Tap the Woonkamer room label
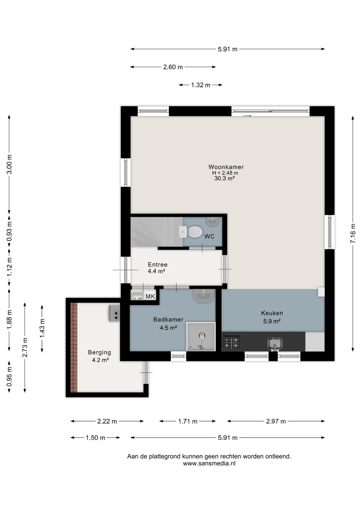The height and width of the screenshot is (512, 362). click(x=226, y=167)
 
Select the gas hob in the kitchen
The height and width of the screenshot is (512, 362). click(x=231, y=342)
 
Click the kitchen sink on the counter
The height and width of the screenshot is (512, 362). click(x=275, y=343)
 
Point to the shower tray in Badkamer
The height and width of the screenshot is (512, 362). click(x=201, y=337)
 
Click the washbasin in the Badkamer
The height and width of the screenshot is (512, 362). click(x=203, y=295)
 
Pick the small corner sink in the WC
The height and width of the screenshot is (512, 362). click(x=213, y=221)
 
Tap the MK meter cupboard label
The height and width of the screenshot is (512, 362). click(x=150, y=297)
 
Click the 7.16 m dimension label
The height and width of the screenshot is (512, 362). click(x=353, y=233)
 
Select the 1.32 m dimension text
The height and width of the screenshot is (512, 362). click(x=201, y=85)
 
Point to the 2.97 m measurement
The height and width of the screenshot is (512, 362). click(x=276, y=421)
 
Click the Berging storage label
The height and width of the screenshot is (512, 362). click(x=99, y=352)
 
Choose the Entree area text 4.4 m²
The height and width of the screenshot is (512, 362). click(x=156, y=271)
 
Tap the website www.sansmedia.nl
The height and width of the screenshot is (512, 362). click(x=209, y=463)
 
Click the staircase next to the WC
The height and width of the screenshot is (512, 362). click(x=156, y=232)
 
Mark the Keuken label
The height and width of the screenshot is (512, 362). click(x=272, y=313)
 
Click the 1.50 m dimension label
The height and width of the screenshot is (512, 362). click(x=95, y=438)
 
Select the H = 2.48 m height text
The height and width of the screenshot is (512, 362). click(x=225, y=173)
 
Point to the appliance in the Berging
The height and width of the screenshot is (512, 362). click(x=114, y=313)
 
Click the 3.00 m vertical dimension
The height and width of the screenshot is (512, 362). click(x=9, y=164)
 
